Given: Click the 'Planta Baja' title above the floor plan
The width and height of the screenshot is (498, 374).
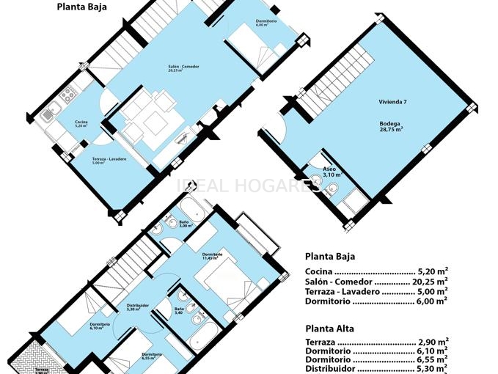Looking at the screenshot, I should (81, 7).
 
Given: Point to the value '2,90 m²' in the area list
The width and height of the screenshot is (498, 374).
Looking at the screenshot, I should (433, 342).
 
